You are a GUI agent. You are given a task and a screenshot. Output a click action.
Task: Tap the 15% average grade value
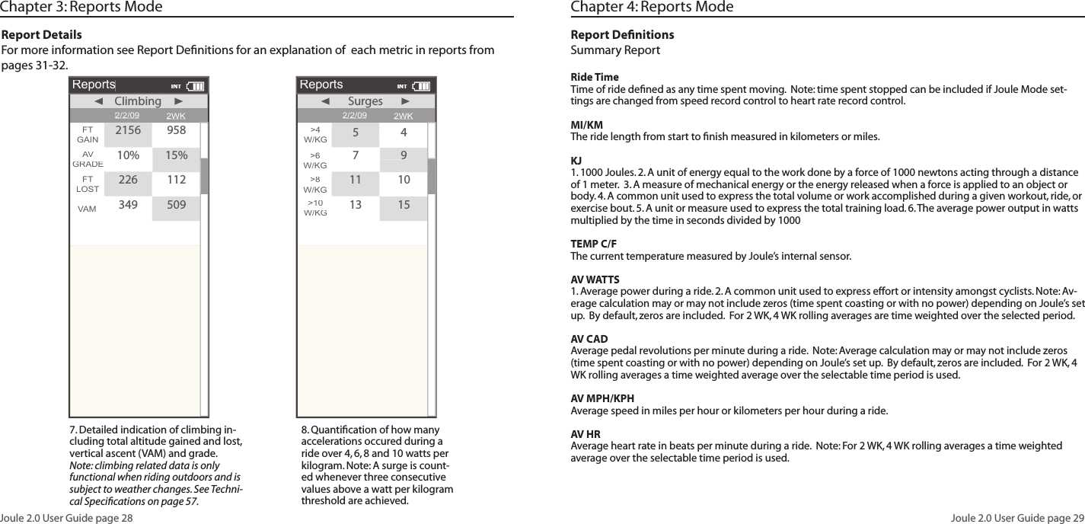tap(177, 156)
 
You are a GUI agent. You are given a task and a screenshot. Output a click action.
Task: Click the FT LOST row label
tap(87, 184)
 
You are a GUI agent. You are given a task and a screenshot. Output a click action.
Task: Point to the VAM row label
tap(87, 207)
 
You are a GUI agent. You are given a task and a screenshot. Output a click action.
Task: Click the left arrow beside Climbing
tap(97, 101)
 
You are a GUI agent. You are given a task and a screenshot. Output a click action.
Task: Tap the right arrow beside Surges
tap(405, 101)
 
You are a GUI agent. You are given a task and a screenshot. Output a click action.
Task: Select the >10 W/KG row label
tap(315, 208)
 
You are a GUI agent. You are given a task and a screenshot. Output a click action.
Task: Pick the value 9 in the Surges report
tap(404, 156)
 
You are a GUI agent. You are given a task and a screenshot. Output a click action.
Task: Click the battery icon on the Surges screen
tap(422, 86)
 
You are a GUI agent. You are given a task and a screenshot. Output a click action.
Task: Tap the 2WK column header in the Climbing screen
tap(176, 116)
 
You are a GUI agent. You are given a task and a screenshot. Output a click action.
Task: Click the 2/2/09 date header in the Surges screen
tap(355, 116)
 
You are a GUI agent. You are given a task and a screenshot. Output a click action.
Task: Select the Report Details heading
tap(43, 35)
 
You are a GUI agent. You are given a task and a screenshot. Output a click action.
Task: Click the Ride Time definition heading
tap(595, 78)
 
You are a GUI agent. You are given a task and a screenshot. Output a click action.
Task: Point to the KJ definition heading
tap(576, 161)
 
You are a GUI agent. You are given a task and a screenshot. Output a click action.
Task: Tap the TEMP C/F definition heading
tap(594, 244)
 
